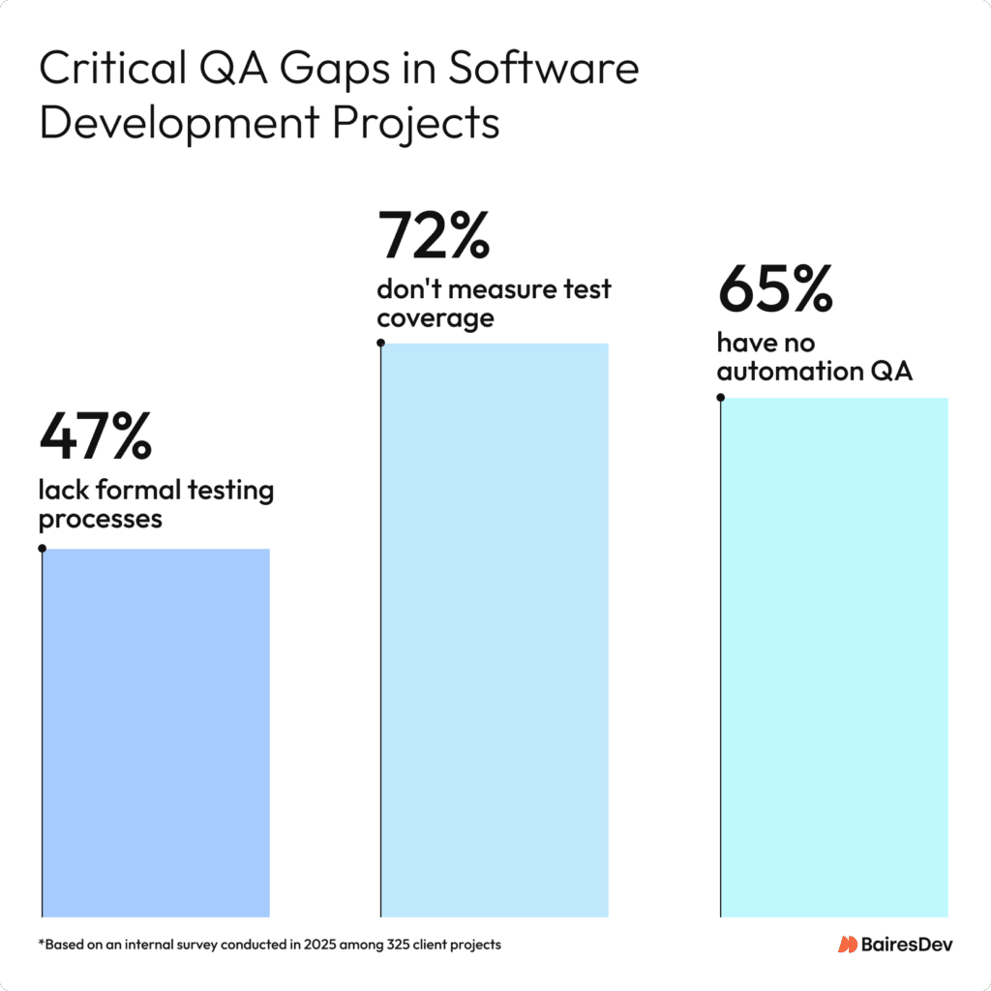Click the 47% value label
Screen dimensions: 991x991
pyautogui.click(x=95, y=437)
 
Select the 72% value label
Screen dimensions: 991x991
pyautogui.click(x=434, y=236)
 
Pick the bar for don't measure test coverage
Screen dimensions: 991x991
pyautogui.click(x=495, y=629)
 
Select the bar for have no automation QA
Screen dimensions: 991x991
pyautogui.click(x=834, y=657)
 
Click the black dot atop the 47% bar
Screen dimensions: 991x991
pyautogui.click(x=42, y=549)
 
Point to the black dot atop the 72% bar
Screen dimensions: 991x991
pyautogui.click(x=381, y=343)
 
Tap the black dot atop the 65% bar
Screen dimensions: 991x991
pyautogui.click(x=721, y=397)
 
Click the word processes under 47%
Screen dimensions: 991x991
pyautogui.click(x=100, y=520)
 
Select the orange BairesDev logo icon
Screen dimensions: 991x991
pyautogui.click(x=848, y=944)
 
